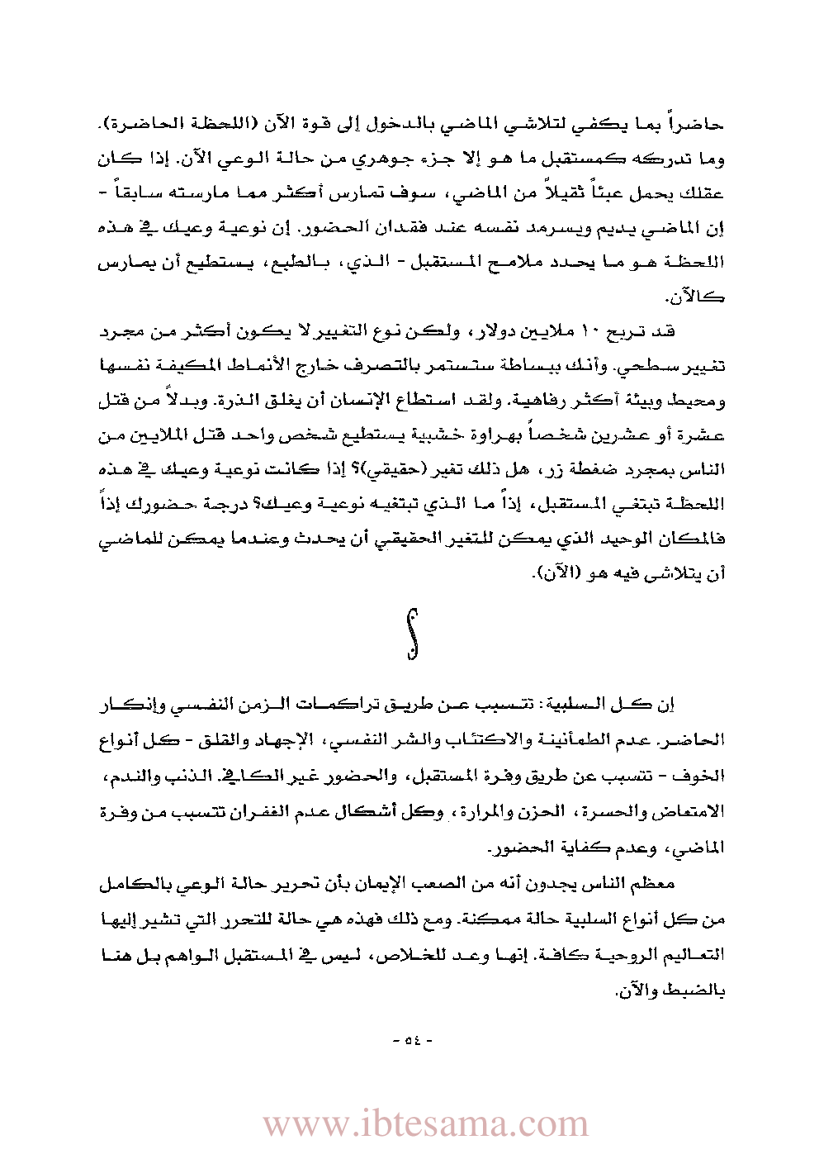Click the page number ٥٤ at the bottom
[410, 1039]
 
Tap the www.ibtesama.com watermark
[425, 1124]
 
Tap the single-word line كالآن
[698, 297]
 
